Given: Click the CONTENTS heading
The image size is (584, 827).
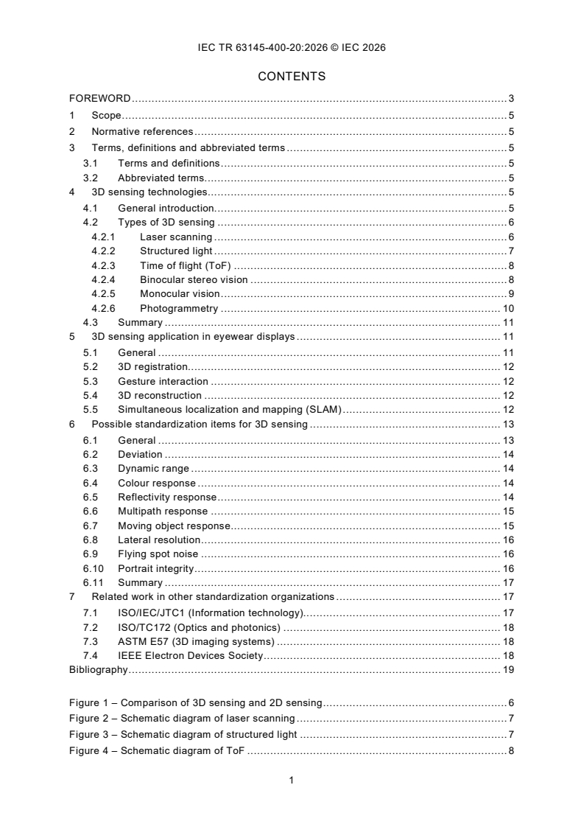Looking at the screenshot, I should click(292, 76).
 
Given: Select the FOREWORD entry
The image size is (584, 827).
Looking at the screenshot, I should click(100, 98).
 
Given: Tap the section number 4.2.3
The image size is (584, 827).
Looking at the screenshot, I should click(103, 265).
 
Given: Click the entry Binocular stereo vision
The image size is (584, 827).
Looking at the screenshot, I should click(194, 279).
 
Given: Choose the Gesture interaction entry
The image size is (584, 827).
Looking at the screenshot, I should click(163, 381).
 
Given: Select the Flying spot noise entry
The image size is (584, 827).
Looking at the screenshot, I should click(158, 554).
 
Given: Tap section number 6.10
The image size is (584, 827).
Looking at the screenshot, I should click(93, 568).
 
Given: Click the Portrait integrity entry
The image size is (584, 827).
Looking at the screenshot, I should click(155, 568).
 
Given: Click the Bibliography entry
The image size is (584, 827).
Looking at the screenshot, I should click(98, 670).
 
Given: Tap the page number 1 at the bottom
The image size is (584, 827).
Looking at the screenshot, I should click(292, 781).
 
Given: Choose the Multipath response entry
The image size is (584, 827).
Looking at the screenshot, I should click(163, 511).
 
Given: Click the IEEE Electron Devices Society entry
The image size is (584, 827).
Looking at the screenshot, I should click(190, 655).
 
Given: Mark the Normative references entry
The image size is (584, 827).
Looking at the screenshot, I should click(142, 131).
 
